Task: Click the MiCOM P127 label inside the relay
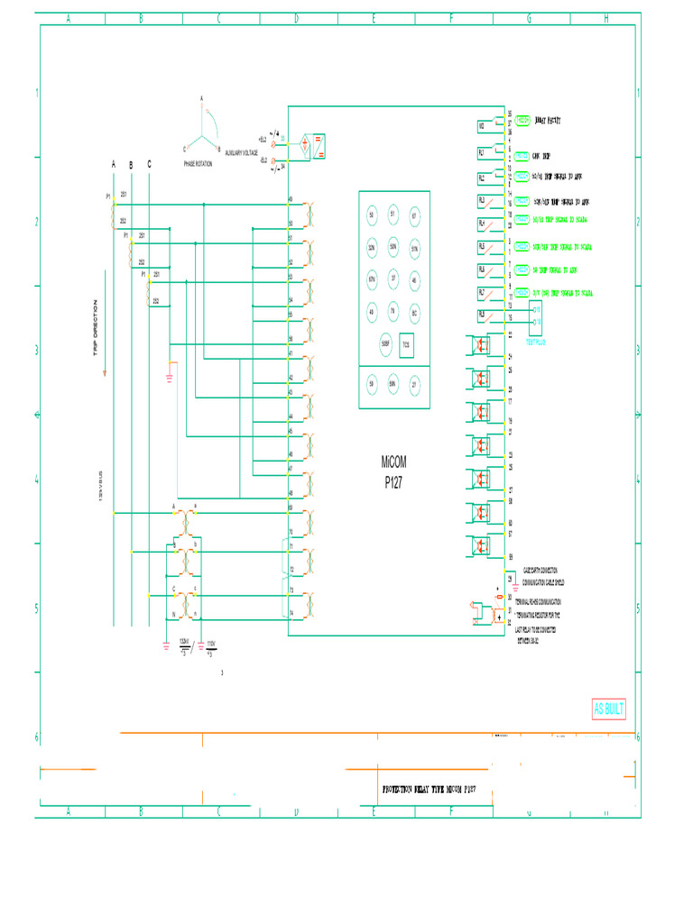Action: click(394, 471)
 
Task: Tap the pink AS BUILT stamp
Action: click(608, 708)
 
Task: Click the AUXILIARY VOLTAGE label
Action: click(241, 153)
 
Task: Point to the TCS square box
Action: click(406, 344)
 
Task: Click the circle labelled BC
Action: click(415, 312)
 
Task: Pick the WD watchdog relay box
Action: click(482, 126)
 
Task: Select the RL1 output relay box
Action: click(482, 153)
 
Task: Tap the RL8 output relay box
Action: click(482, 315)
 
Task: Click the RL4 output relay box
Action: click(482, 223)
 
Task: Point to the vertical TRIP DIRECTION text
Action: click(94, 329)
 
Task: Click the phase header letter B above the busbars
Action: click(131, 165)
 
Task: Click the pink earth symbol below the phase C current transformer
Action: click(169, 377)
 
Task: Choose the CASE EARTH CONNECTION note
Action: click(539, 571)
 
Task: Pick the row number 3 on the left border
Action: click(37, 350)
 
